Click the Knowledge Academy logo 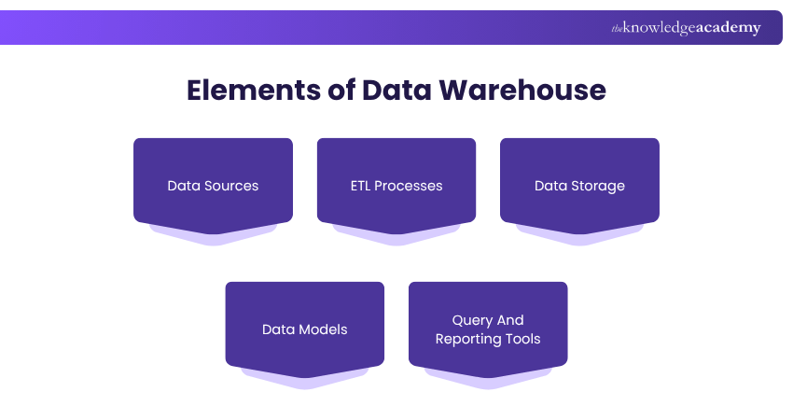coord(686,28)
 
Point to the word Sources coord(231,186)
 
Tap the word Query coord(472,320)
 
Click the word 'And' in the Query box coord(510,320)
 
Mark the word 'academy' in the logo coord(728,28)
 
